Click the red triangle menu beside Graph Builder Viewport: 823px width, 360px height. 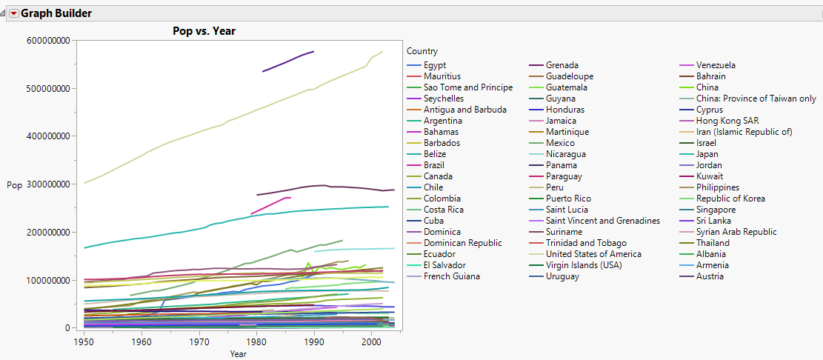point(13,13)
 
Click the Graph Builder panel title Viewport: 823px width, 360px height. point(56,13)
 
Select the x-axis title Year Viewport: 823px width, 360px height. point(239,354)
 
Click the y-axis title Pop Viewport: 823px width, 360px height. point(14,185)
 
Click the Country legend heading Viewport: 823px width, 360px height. point(422,51)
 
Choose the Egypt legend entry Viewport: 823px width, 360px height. point(435,65)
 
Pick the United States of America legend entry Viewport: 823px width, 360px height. point(593,254)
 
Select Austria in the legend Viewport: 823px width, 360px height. point(710,276)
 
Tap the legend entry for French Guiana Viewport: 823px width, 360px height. point(451,276)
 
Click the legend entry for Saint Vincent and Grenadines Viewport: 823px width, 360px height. point(602,221)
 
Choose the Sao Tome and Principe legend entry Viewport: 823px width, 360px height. point(467,87)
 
